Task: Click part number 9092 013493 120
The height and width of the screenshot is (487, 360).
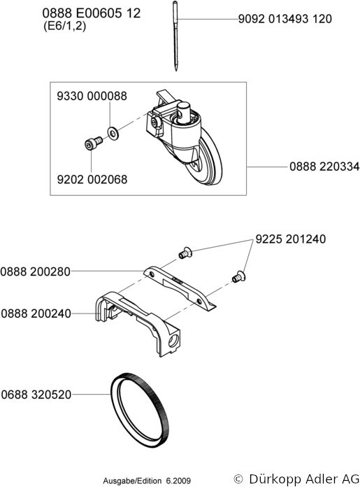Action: pos(285,19)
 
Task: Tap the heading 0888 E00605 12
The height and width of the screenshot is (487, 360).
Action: pos(92,13)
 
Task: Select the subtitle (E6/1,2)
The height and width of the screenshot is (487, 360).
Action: pos(64,26)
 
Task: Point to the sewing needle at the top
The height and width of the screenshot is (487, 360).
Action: pos(175,36)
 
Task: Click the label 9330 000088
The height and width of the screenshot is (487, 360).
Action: pos(92,96)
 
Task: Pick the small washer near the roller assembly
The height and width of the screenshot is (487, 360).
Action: pos(113,133)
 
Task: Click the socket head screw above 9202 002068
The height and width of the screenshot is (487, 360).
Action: pos(93,143)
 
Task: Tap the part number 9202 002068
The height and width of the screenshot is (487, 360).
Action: pos(92,180)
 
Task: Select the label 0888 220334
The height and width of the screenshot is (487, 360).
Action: pos(324,167)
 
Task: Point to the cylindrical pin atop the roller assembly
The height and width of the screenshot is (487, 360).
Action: pos(183,111)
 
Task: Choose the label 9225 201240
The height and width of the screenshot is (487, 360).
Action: pos(291,239)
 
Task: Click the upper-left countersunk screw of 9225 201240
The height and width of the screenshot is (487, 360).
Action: pos(185,253)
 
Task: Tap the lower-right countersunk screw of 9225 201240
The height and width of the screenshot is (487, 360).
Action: pos(238,276)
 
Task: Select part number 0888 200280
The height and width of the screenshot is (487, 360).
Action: pos(36,271)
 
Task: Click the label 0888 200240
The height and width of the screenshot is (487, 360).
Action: pos(36,313)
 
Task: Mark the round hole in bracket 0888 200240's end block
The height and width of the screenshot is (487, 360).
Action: pos(173,341)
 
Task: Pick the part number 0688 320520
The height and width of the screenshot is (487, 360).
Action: pos(36,395)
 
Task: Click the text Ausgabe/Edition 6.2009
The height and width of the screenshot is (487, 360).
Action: pos(147,481)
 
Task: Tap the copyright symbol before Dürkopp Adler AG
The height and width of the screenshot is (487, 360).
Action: pos(238,479)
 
